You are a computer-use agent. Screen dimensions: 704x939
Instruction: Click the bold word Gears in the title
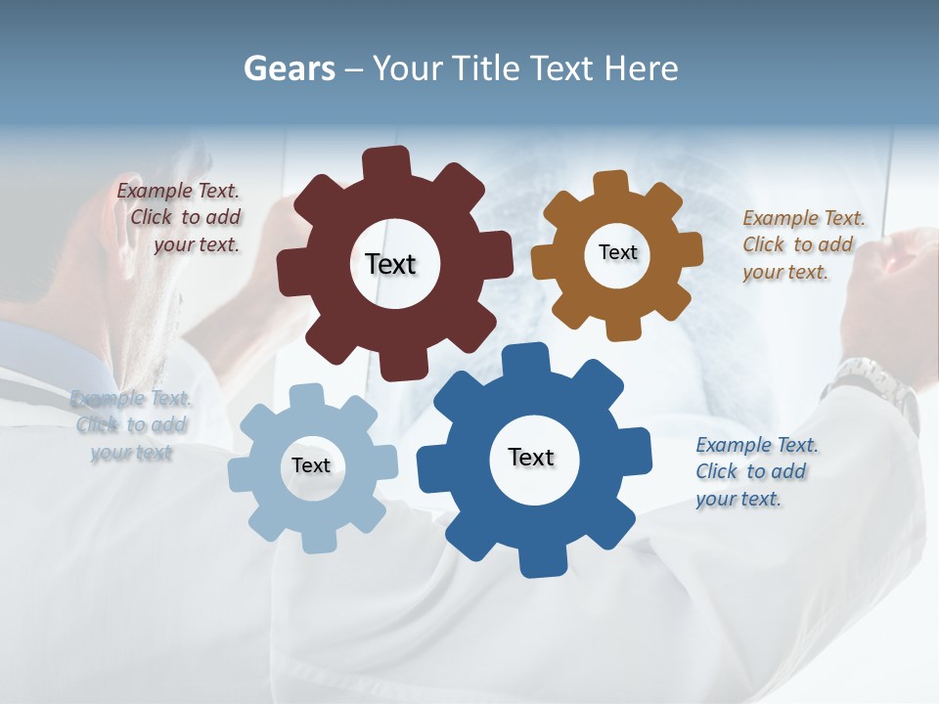(x=289, y=68)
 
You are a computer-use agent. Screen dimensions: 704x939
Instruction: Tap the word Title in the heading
(x=488, y=68)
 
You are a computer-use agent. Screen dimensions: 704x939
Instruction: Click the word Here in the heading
(x=641, y=68)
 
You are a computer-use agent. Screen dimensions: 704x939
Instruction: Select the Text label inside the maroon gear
(x=390, y=264)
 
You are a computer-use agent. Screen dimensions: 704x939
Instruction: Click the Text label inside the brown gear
(x=617, y=252)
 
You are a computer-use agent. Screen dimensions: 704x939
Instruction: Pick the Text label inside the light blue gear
(x=311, y=465)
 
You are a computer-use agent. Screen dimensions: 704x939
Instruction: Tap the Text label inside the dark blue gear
(x=531, y=457)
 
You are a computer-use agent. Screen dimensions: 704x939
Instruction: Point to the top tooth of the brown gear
(x=610, y=184)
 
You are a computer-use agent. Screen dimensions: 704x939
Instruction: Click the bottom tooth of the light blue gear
(x=317, y=540)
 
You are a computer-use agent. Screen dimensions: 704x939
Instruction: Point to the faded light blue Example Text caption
(x=131, y=425)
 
